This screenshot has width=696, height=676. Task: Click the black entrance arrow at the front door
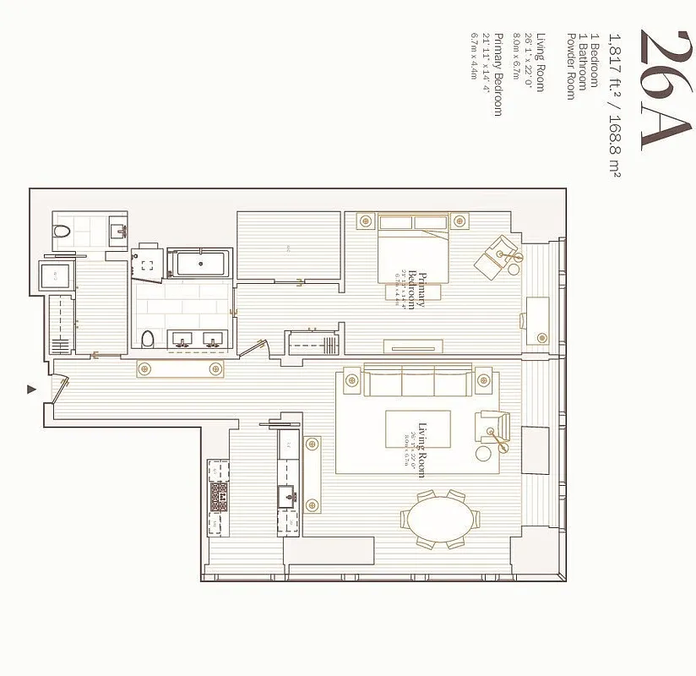click(32, 389)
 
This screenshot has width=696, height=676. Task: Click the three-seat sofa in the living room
click(417, 383)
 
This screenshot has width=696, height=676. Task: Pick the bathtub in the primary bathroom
click(201, 263)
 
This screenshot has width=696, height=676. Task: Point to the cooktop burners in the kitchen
click(219, 495)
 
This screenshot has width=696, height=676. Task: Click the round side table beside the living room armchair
click(484, 453)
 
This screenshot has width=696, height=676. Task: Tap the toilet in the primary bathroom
click(149, 340)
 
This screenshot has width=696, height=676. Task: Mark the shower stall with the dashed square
click(148, 263)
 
